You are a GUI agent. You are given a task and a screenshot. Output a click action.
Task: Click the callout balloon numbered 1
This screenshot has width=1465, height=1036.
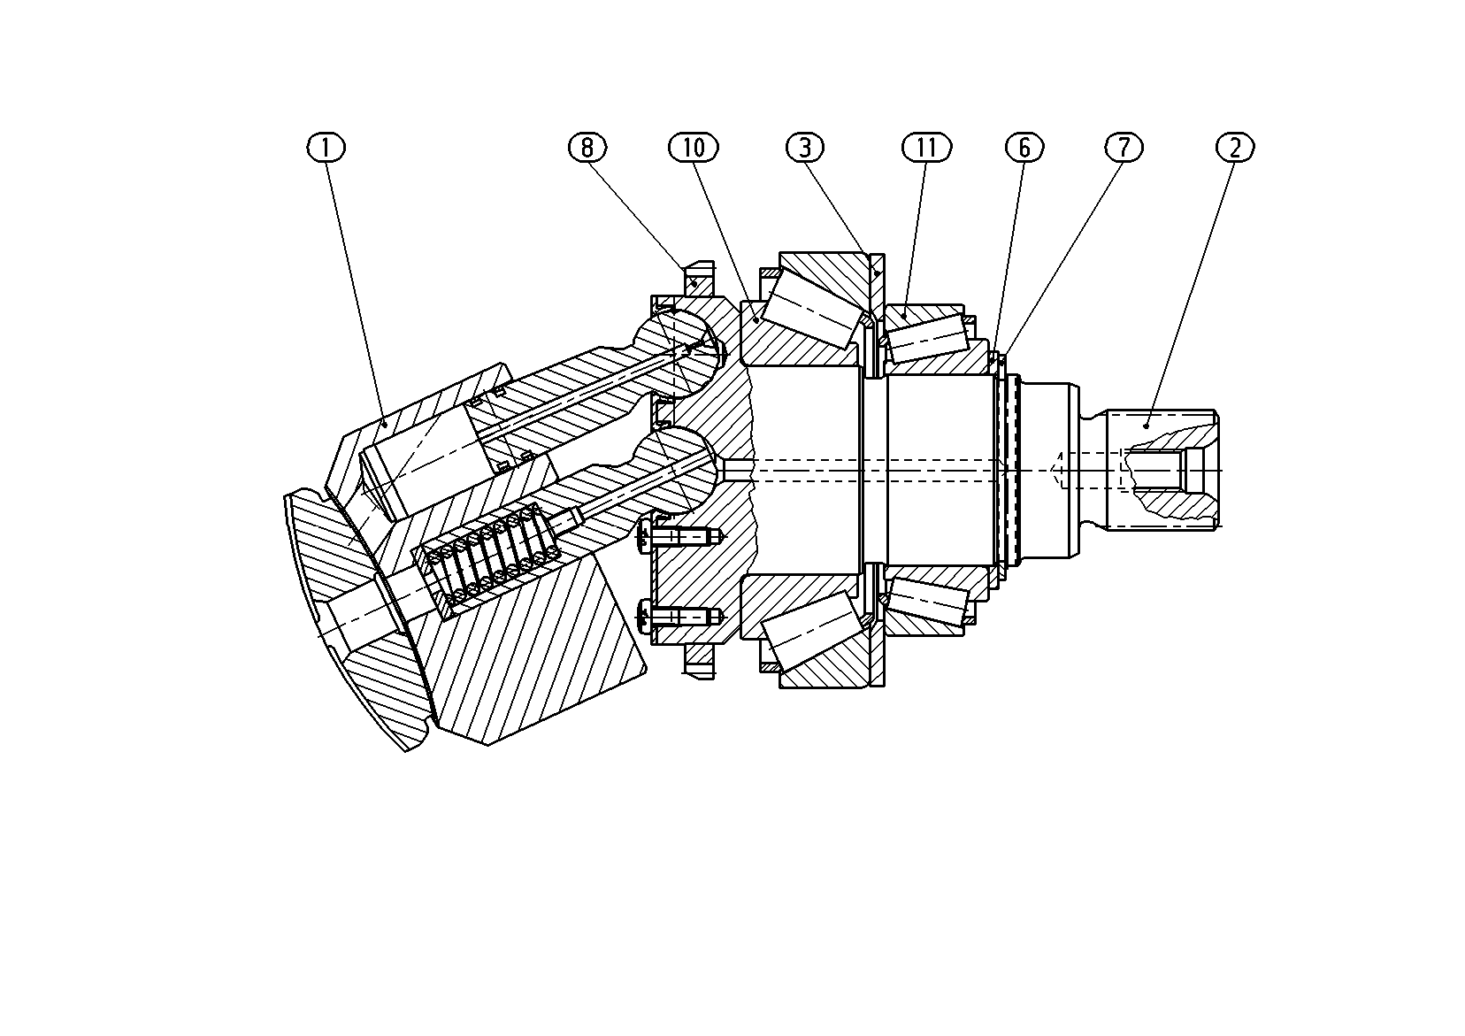(x=326, y=147)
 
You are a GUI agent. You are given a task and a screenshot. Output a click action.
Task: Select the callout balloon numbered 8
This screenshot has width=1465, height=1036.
(x=587, y=147)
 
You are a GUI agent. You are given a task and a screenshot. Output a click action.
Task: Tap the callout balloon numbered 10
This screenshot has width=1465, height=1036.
(x=694, y=147)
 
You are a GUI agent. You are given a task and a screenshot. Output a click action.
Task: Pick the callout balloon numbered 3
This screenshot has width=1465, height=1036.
(x=805, y=147)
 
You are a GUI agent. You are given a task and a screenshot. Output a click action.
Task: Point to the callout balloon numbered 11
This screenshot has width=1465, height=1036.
(x=927, y=147)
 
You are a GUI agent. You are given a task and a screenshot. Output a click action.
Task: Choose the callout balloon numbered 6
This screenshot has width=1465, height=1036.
(x=1024, y=147)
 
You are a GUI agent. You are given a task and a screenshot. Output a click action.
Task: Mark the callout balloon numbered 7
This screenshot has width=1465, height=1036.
(x=1124, y=147)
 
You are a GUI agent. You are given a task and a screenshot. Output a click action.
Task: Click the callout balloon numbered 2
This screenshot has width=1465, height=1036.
(x=1235, y=147)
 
